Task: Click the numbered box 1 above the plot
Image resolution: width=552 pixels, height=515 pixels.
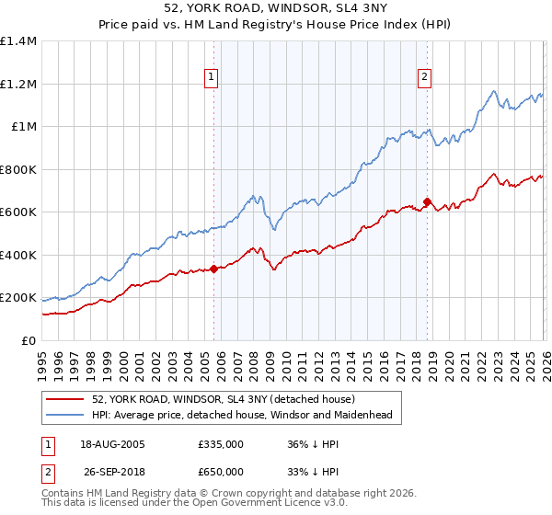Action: coord(213,78)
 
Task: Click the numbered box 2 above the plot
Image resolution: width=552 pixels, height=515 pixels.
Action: coord(425,78)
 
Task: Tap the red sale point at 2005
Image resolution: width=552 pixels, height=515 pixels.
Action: coord(214,269)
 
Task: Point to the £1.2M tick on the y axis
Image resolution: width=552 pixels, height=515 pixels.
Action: coord(18,84)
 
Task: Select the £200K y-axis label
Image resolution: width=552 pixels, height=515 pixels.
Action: coord(18,298)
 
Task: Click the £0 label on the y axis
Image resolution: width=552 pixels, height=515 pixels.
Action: coord(28,341)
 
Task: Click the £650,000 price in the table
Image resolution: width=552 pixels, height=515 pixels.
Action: coord(221,471)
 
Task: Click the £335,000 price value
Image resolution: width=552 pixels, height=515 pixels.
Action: coord(221,443)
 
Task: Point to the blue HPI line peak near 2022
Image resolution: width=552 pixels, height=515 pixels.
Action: coord(494,91)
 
